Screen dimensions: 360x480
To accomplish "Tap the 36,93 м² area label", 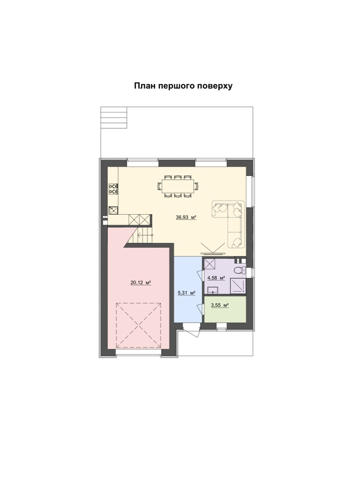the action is (x=186, y=217).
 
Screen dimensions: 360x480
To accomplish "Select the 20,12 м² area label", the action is (x=141, y=283).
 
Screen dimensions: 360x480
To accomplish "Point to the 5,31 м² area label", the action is (x=186, y=293).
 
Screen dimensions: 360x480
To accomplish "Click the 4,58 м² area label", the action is (x=216, y=278).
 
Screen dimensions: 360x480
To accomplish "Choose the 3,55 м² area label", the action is (x=220, y=305).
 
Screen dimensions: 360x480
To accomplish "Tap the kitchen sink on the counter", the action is (x=113, y=210).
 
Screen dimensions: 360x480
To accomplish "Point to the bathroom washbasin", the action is (x=213, y=290).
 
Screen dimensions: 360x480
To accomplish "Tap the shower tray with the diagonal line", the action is (x=238, y=286).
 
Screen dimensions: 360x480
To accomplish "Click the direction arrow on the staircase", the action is (x=145, y=235).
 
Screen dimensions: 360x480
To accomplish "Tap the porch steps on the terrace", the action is (x=114, y=118).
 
